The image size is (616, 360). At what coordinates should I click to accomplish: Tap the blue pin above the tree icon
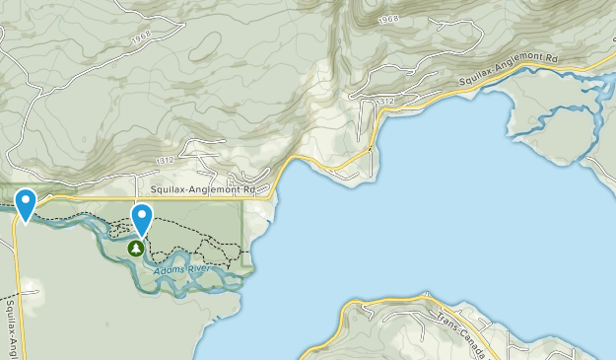143,218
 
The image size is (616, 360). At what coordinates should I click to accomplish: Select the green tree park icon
135,249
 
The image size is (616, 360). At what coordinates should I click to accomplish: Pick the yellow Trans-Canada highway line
394,303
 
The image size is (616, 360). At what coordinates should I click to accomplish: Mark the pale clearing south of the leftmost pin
30,292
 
